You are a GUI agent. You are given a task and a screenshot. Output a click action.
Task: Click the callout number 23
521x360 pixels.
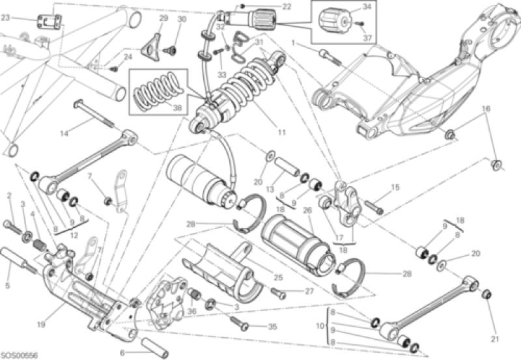point(6,18)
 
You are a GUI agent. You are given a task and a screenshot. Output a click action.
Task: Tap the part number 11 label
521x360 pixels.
point(282,132)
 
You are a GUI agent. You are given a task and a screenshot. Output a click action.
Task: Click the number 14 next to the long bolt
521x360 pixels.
point(64,134)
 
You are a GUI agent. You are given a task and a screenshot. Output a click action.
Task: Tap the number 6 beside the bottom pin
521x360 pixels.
point(123,352)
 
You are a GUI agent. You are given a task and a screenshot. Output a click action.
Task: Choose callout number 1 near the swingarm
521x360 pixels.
point(294,43)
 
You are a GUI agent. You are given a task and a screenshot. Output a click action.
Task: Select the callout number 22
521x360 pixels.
point(287,7)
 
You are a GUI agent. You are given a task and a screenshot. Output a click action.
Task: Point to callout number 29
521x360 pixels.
point(163,19)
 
